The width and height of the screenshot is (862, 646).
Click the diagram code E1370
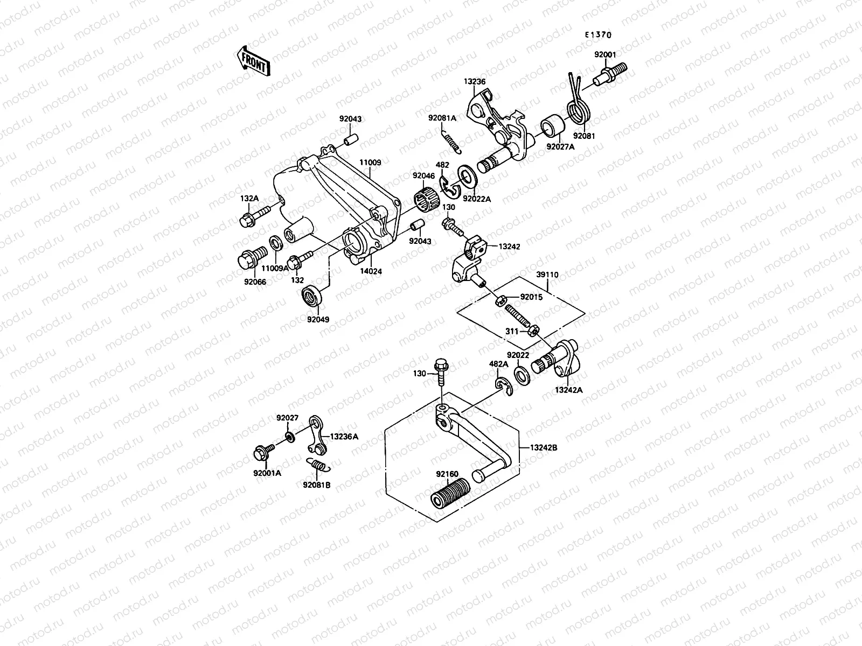(599, 34)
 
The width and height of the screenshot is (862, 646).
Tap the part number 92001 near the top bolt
(605, 55)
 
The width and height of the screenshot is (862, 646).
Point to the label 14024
(372, 272)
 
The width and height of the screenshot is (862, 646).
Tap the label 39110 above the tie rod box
(547, 275)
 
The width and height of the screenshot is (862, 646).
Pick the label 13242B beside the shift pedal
(544, 447)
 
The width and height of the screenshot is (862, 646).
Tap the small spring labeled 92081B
(317, 465)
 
